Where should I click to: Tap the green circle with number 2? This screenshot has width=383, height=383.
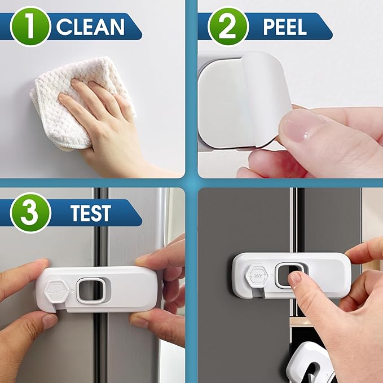pyautogui.click(x=228, y=27)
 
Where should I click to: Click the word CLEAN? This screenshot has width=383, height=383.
pyautogui.click(x=90, y=27)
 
